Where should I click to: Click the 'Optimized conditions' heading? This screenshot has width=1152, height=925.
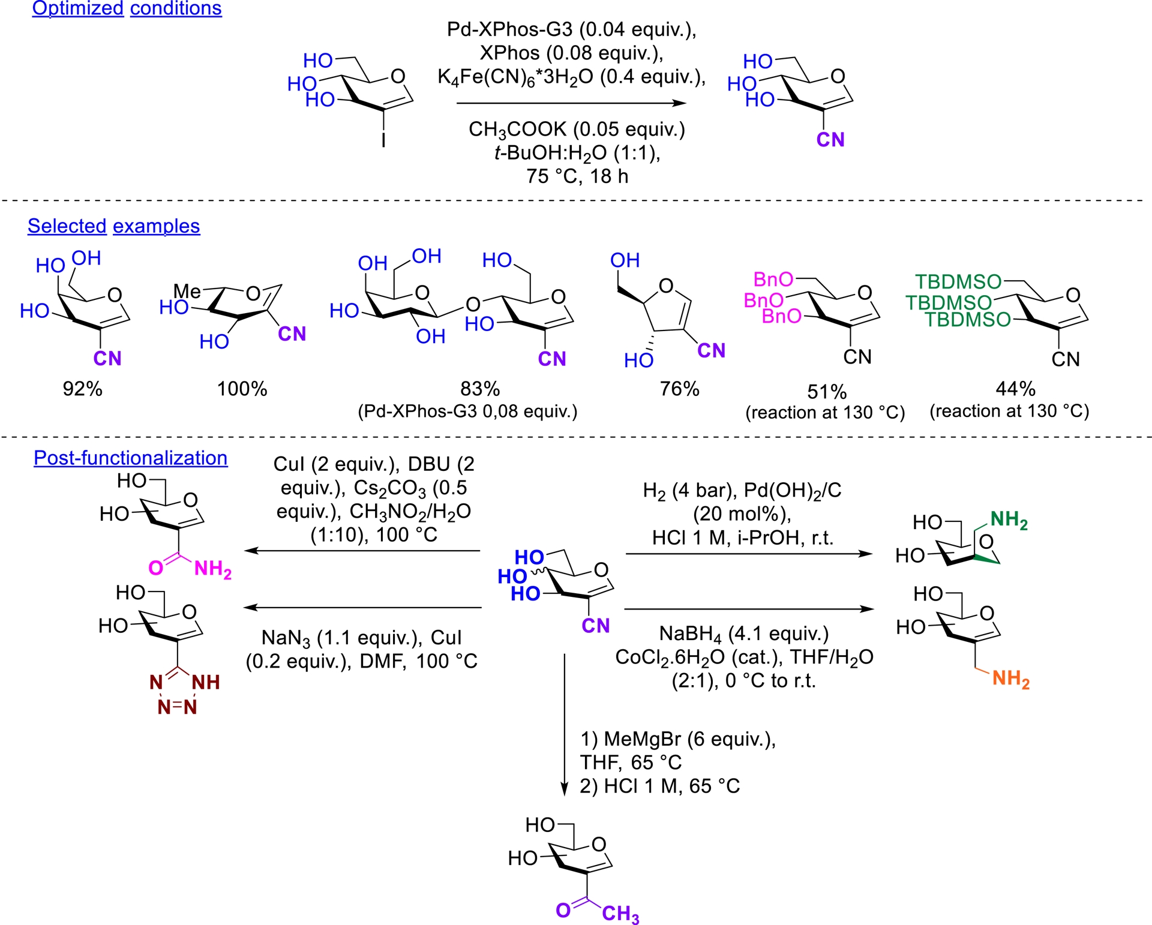[127, 8]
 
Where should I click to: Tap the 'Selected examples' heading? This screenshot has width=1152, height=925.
[113, 226]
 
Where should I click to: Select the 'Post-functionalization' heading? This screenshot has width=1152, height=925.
[130, 458]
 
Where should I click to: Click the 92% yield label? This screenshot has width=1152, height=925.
[83, 389]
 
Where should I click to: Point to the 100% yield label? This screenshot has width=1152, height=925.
[242, 389]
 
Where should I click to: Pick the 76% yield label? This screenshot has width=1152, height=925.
[679, 389]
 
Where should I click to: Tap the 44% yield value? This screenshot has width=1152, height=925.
[1015, 389]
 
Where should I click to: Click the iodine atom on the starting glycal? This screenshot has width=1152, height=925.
[383, 140]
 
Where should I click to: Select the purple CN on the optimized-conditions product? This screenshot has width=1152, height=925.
[830, 140]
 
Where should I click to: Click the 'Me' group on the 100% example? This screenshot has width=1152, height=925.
[187, 292]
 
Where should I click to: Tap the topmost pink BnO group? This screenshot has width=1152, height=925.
[773, 280]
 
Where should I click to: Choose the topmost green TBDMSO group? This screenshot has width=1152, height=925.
[958, 281]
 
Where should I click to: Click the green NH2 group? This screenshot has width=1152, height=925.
[1009, 519]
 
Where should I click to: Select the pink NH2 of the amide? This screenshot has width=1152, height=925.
[212, 568]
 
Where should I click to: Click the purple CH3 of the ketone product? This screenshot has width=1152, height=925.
[620, 914]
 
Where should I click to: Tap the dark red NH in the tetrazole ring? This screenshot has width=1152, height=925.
[205, 682]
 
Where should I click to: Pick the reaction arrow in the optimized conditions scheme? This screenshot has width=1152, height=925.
[571, 103]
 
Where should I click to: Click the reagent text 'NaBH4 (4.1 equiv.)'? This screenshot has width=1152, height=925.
[743, 633]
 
